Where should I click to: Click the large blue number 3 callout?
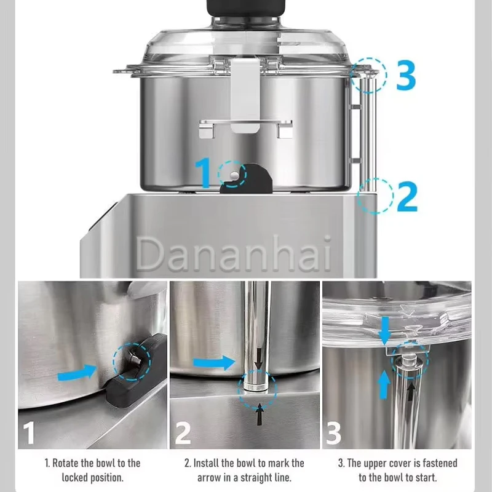coord(406,74)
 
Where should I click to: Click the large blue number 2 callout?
coord(407,196)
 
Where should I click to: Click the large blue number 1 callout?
coord(204,173)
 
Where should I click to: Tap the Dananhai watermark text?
coord(234,253)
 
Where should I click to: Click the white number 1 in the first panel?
coord(29,432)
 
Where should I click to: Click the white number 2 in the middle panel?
coord(183,433)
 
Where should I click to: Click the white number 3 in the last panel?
coord(333,433)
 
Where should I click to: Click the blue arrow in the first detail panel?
coord(77,373)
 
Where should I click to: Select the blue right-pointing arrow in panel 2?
coord(214,363)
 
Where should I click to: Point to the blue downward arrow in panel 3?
coord(384,330)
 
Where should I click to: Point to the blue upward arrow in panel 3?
coord(383,385)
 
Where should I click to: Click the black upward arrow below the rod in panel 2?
coord(260,414)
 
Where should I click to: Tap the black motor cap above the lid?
coord(246,7)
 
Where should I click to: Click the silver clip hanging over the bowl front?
coord(245,95)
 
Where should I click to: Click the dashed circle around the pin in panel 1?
coord(132,362)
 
